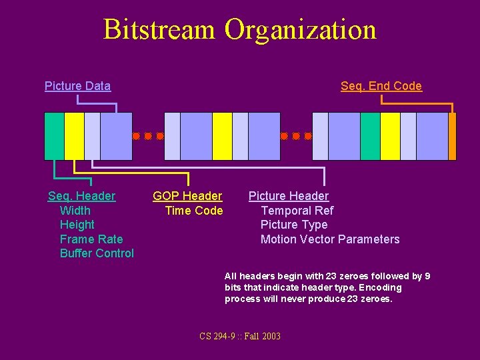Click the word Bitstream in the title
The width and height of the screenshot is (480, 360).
(x=160, y=30)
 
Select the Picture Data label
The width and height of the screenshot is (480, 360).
(x=77, y=86)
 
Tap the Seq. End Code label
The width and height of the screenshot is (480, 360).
(x=381, y=86)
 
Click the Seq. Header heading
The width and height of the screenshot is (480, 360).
(x=81, y=196)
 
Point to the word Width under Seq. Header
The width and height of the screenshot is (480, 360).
(x=75, y=211)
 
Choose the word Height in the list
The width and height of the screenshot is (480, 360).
(x=77, y=225)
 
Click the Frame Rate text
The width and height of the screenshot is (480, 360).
(x=91, y=239)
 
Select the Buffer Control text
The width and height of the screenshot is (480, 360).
(x=97, y=253)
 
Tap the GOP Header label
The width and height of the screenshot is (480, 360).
(x=187, y=196)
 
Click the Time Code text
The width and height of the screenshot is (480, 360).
(x=193, y=211)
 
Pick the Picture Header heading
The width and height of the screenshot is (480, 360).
(x=288, y=196)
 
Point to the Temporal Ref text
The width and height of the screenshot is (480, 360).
(x=297, y=211)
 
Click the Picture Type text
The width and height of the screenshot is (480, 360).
(x=294, y=225)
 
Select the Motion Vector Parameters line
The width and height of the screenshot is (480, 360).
(x=330, y=239)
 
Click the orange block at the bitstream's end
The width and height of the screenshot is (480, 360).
(x=453, y=136)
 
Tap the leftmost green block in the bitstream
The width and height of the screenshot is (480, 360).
(x=55, y=136)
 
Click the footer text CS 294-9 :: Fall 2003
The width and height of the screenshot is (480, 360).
(x=240, y=336)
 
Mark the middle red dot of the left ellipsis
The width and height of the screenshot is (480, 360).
(x=147, y=136)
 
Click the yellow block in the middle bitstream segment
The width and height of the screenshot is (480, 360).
(x=222, y=136)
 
